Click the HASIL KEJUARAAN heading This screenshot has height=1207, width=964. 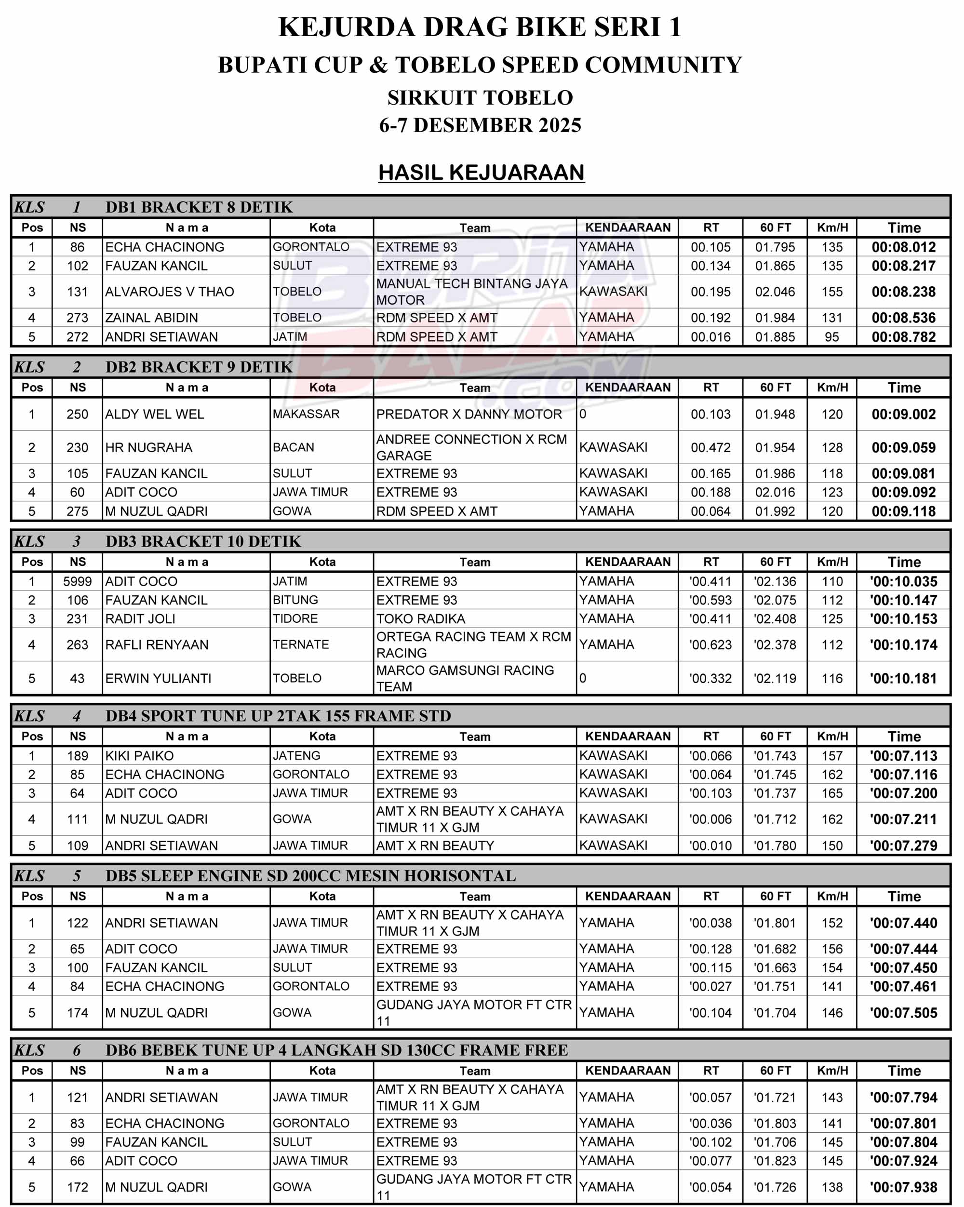(481, 173)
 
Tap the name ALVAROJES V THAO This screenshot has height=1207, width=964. (169, 292)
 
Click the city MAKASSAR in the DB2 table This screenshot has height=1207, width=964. (306, 414)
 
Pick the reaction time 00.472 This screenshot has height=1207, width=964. (710, 448)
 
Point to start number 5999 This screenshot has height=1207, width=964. (77, 582)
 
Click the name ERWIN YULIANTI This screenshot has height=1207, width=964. (158, 679)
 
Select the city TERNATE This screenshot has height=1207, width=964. (301, 645)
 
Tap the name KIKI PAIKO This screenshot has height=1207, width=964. (139, 756)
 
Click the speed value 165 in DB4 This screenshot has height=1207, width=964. (832, 793)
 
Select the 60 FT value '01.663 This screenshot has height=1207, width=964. (774, 968)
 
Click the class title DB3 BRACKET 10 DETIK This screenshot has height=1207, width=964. (202, 541)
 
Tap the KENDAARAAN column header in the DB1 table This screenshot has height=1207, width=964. (628, 228)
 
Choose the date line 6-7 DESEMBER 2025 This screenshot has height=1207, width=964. (481, 125)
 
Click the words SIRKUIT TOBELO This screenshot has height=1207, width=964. (481, 98)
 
